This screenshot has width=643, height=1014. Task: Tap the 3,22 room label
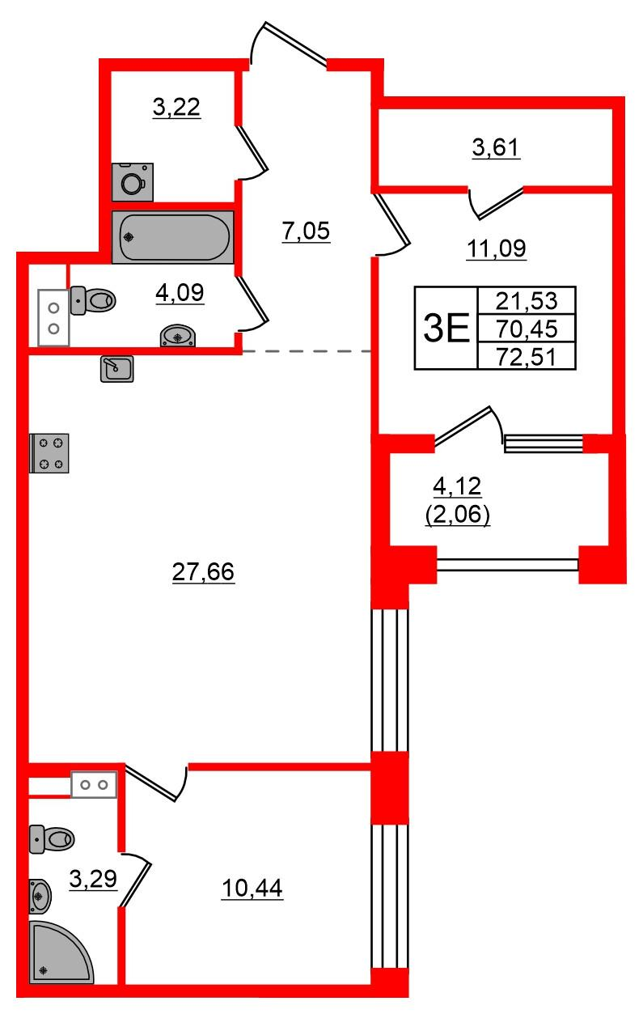click(x=176, y=108)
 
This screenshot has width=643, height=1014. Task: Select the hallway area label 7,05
click(x=306, y=231)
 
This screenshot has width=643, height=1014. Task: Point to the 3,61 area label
click(x=496, y=147)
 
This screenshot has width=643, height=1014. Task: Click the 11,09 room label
click(x=496, y=248)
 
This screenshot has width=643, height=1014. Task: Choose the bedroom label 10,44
click(x=252, y=888)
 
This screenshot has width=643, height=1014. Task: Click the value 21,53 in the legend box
click(x=527, y=300)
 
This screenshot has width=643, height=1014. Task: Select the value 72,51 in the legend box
click(x=527, y=357)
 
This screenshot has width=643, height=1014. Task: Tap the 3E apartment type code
click(x=446, y=328)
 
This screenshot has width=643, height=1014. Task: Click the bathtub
click(x=173, y=237)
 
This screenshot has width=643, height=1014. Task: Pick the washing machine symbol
click(x=133, y=182)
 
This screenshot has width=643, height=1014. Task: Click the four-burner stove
click(x=49, y=453)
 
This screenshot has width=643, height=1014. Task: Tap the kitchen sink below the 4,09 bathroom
click(x=116, y=368)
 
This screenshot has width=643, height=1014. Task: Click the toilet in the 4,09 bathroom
click(x=93, y=299)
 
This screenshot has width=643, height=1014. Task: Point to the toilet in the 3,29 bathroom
click(x=52, y=839)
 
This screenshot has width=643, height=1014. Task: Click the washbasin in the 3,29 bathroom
click(x=40, y=896)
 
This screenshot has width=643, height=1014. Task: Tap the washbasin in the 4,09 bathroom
click(x=178, y=335)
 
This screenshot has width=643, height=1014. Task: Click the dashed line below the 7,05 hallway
click(x=307, y=351)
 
